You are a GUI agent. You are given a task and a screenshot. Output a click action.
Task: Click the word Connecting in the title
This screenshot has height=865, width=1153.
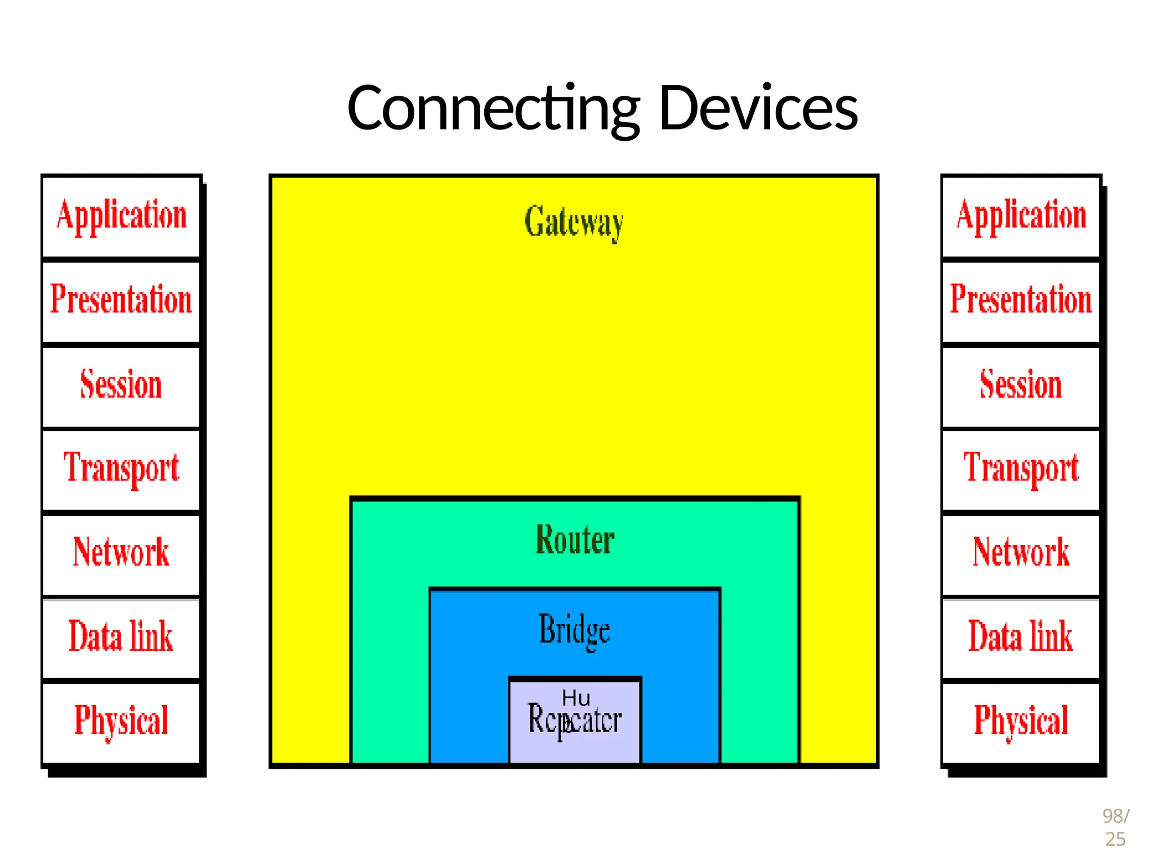coord(493,108)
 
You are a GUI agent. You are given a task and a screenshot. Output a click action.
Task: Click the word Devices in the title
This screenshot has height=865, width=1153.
coord(758,108)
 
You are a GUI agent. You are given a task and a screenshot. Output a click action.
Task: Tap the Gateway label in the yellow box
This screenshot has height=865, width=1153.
coord(574,222)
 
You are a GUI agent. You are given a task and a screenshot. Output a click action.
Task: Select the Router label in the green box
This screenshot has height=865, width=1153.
coord(575,539)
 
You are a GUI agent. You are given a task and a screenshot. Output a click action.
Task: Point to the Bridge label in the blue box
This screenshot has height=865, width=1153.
coord(574,630)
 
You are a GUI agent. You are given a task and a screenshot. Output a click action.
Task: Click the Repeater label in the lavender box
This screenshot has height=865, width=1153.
coord(575,721)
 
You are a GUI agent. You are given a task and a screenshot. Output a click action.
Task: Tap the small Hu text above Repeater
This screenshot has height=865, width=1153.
coord(576,698)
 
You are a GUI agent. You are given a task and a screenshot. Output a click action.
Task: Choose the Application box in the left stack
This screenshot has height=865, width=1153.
coord(121,216)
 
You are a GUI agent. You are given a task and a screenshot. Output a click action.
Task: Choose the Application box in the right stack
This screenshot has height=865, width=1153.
coord(1021,216)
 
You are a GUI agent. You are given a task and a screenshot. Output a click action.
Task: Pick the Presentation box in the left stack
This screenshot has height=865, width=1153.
coord(121,300)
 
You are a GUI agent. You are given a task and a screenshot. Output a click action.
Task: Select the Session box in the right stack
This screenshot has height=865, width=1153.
coord(1021,386)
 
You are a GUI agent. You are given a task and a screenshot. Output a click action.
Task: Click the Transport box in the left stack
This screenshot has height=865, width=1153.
coord(121,469)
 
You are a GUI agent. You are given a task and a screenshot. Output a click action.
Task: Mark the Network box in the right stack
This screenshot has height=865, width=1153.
coord(1021,552)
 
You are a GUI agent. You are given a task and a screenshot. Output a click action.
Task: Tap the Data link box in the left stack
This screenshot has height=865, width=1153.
coord(121,637)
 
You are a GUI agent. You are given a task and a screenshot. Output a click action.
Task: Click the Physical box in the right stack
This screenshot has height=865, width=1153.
coord(1021,721)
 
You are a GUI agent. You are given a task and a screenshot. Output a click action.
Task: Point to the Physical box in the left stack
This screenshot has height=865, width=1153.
coord(121,721)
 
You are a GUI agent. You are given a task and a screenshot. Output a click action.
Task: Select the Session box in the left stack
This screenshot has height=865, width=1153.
coord(121,386)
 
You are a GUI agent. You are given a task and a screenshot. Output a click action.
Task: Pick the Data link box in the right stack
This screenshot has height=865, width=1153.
coord(1021,637)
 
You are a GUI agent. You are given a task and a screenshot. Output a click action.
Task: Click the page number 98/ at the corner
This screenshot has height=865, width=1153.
coord(1115,815)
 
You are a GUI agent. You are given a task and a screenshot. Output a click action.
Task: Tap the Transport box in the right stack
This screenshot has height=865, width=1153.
coord(1021,469)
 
